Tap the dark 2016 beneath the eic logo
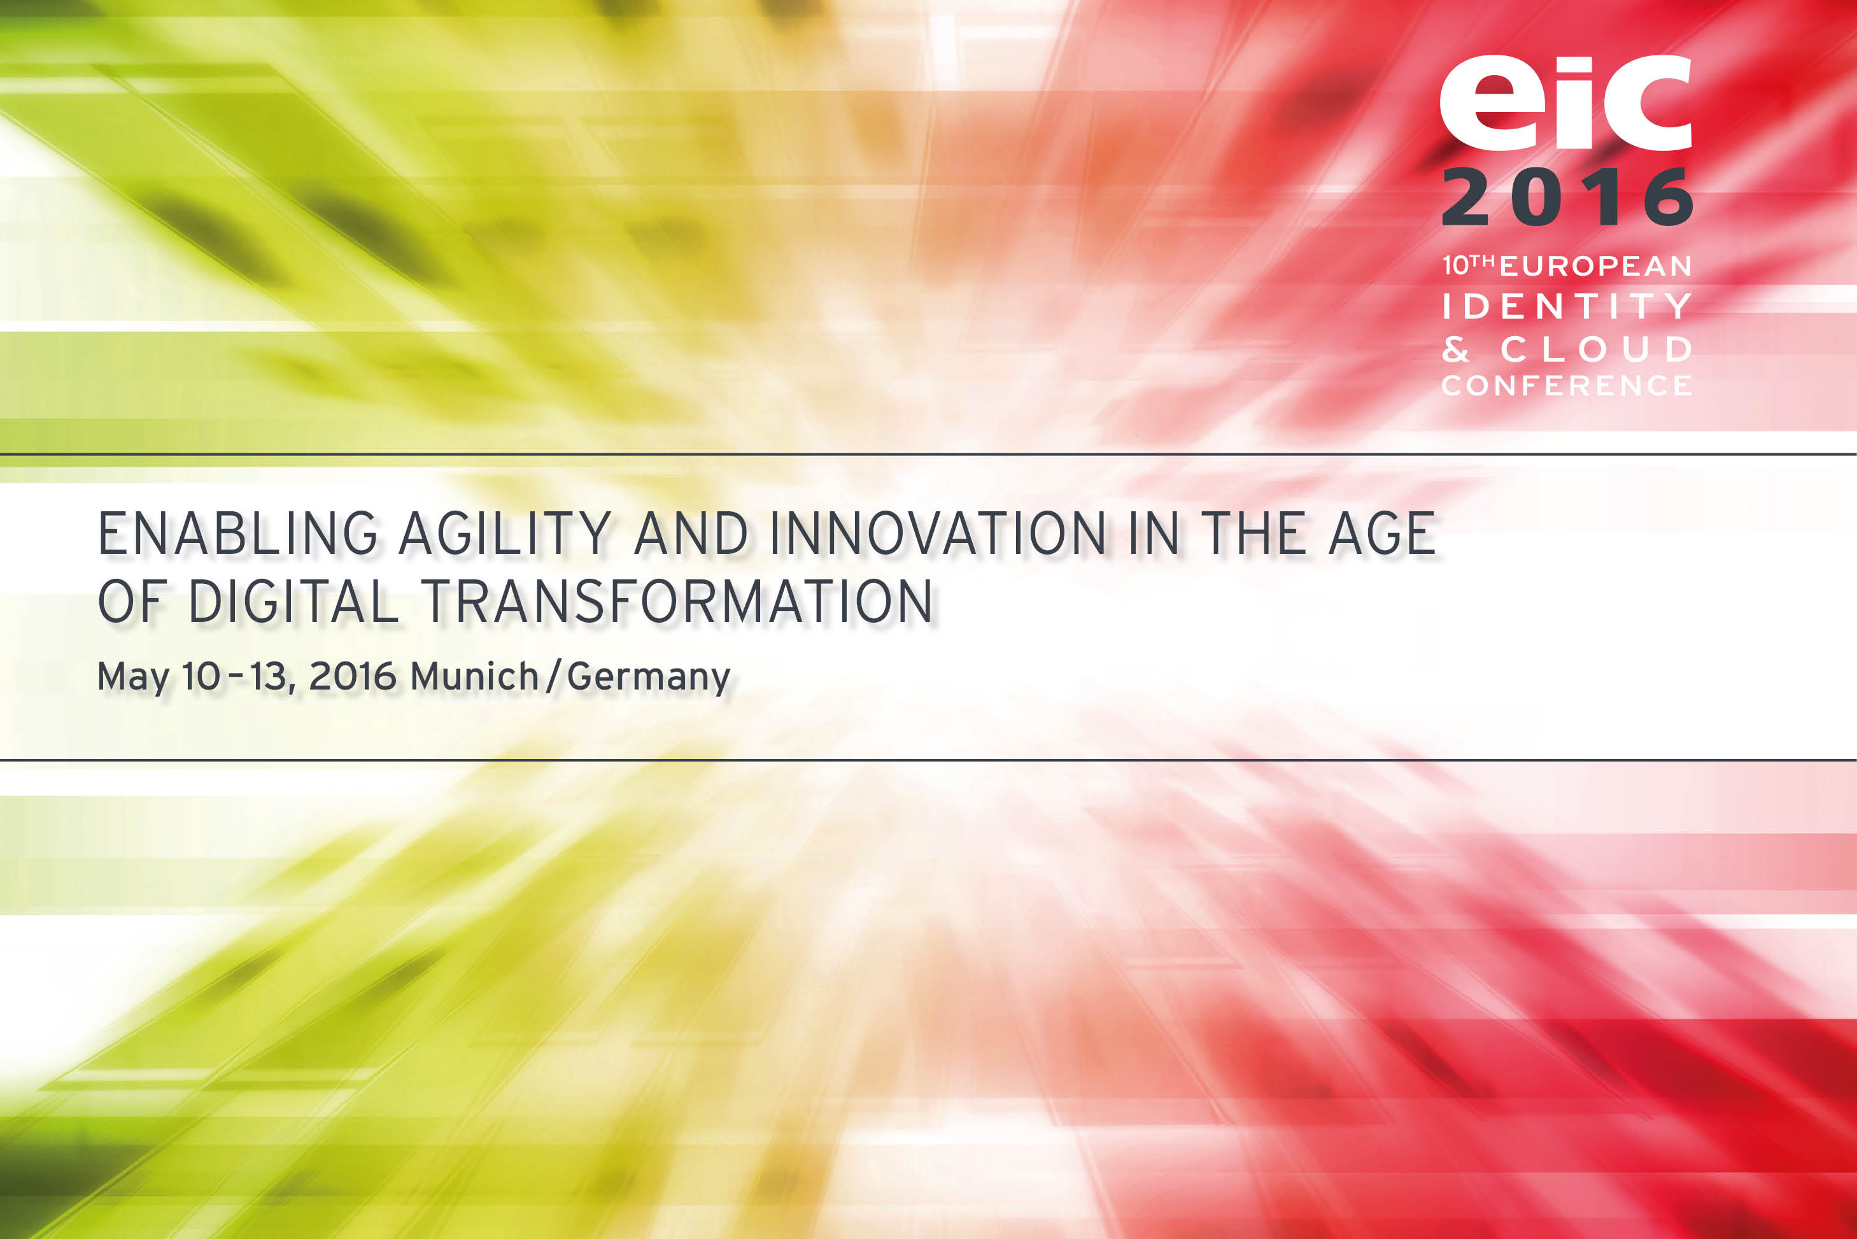pyautogui.click(x=1567, y=196)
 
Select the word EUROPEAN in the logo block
pyautogui.click(x=1595, y=266)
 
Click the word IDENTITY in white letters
pyautogui.click(x=1567, y=306)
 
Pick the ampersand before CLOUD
pyautogui.click(x=1456, y=348)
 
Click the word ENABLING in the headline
pyautogui.click(x=237, y=534)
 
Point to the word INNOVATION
pyautogui.click(x=938, y=534)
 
